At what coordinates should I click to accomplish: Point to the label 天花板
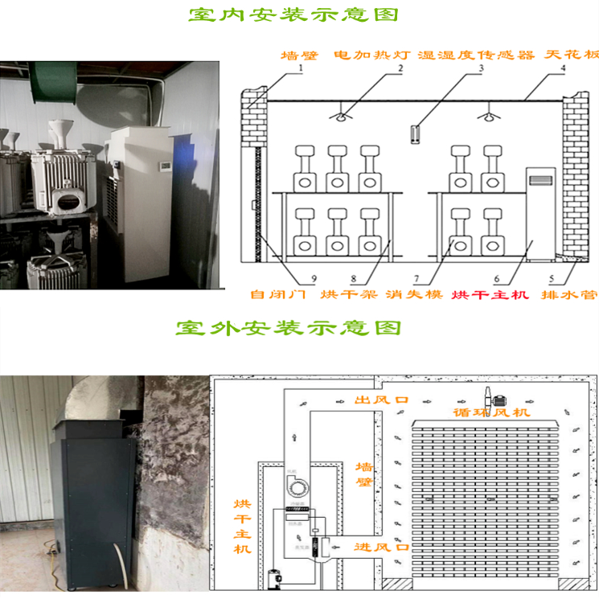571,55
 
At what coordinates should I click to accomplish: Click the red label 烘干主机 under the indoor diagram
490,294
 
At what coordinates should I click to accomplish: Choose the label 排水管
576,294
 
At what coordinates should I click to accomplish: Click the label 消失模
413,294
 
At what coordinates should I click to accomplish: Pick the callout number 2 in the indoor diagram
400,69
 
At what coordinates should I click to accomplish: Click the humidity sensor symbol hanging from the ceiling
414,133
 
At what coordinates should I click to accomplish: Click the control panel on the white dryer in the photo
164,166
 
